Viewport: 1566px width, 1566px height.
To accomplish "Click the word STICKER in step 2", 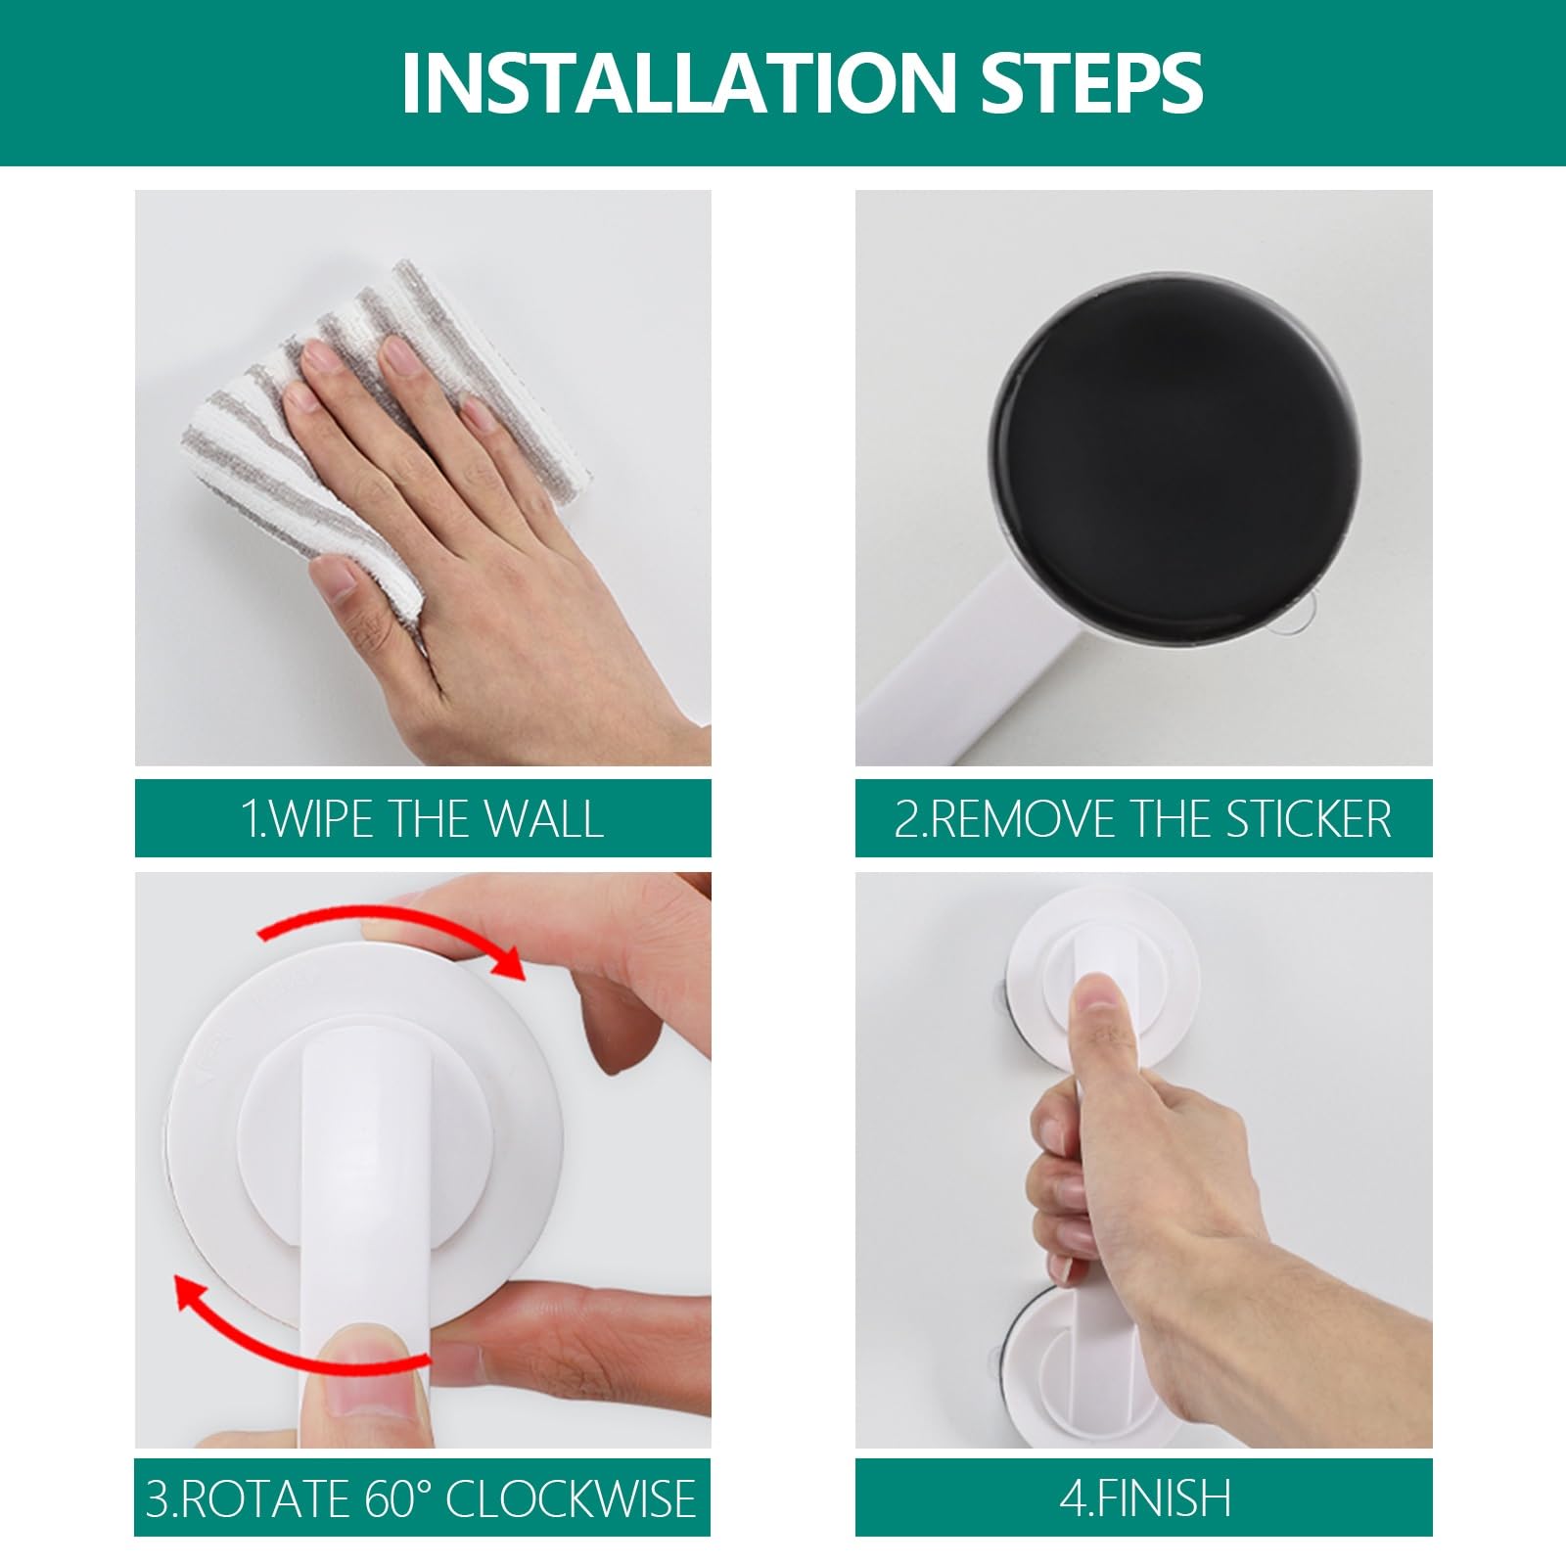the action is point(1309,818).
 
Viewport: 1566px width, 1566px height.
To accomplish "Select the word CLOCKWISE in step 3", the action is point(571,1498).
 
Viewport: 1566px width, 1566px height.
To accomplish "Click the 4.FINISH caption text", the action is point(1144,1498).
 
